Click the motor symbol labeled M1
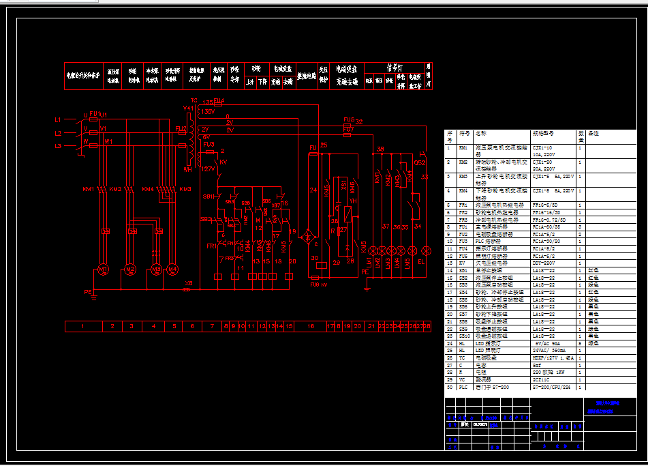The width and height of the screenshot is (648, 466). [x=103, y=270]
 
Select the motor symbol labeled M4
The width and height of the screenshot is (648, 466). [x=173, y=270]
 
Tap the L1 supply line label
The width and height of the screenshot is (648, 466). [x=58, y=120]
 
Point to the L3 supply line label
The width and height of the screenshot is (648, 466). [x=58, y=146]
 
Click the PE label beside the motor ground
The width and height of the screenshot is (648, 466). [x=87, y=292]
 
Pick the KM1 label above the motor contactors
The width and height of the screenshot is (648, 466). [x=89, y=188]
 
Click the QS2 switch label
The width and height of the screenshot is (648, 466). [x=420, y=163]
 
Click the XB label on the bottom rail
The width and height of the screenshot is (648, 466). [x=189, y=282]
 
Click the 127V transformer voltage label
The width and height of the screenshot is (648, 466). [x=209, y=169]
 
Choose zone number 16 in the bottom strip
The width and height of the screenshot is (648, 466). [x=311, y=327]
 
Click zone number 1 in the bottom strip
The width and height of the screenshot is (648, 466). [x=82, y=327]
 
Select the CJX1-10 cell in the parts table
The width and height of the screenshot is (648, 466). [x=542, y=147]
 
